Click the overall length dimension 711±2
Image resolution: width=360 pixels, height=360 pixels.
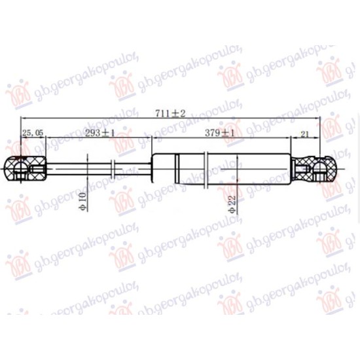click(170, 113)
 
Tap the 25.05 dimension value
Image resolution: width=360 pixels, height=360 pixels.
click(33, 132)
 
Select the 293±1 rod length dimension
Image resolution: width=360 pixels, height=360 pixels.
click(99, 133)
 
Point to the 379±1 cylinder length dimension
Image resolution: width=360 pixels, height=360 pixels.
click(219, 133)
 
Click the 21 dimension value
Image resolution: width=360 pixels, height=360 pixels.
click(304, 134)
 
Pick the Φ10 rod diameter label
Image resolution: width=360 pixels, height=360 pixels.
click(82, 202)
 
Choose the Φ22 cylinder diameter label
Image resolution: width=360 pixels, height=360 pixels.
click(232, 204)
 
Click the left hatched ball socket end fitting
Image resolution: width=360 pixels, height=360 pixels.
click(26, 169)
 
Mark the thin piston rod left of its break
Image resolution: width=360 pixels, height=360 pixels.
click(79, 169)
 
